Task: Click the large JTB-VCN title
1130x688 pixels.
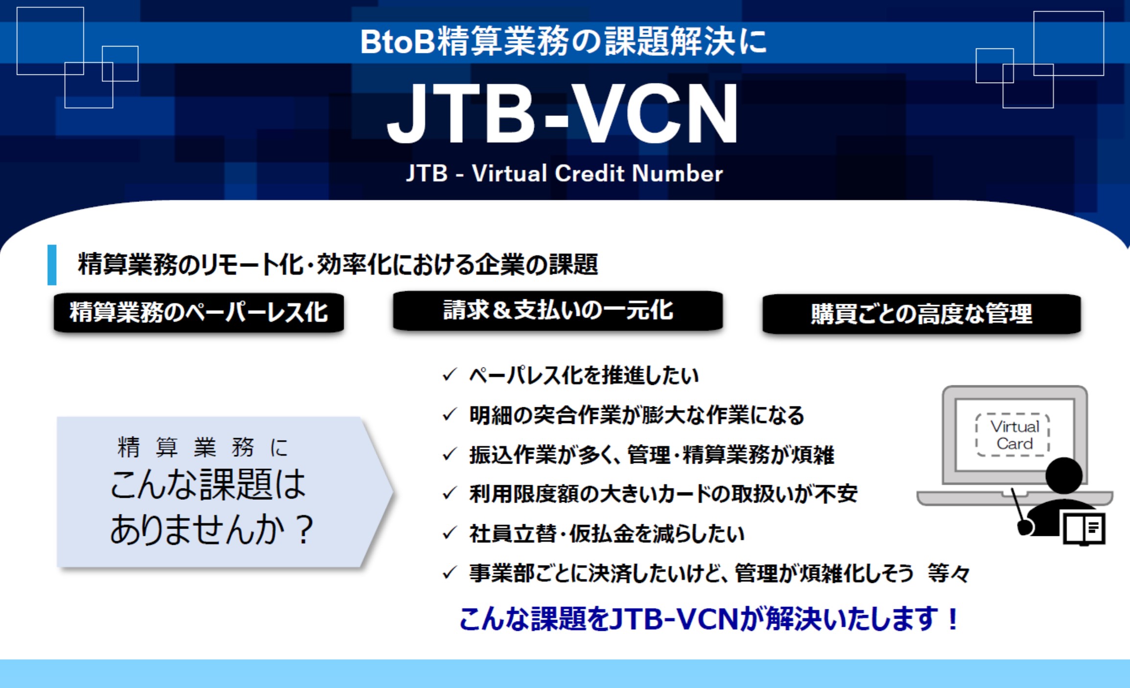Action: pos(563,113)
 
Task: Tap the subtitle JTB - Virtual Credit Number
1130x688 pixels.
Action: pos(565,174)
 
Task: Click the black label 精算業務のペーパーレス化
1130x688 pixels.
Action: pos(199,312)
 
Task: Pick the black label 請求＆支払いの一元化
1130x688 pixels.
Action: pos(558,311)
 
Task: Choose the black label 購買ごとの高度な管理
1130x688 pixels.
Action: pos(922,314)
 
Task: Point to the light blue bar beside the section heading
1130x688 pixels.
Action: pos(52,265)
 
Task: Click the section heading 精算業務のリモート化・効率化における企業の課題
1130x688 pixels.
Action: pos(338,265)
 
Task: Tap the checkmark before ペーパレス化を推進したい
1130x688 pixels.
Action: pos(449,375)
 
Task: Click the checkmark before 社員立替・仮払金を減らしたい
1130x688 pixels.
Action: pos(449,533)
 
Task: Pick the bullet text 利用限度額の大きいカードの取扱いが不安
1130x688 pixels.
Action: pos(663,494)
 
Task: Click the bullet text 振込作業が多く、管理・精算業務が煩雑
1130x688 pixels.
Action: pos(652,455)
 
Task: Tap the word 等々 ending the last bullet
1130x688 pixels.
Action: pos(949,573)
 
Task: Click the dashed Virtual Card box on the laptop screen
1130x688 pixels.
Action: pos(1013,435)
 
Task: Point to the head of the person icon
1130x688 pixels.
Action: pos(1064,475)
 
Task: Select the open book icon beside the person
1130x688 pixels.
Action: pos(1085,528)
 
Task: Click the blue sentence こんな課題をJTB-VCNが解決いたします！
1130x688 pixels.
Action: pos(709,619)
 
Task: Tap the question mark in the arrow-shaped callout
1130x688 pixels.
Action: pos(305,530)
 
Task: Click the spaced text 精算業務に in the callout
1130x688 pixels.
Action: pos(203,447)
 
